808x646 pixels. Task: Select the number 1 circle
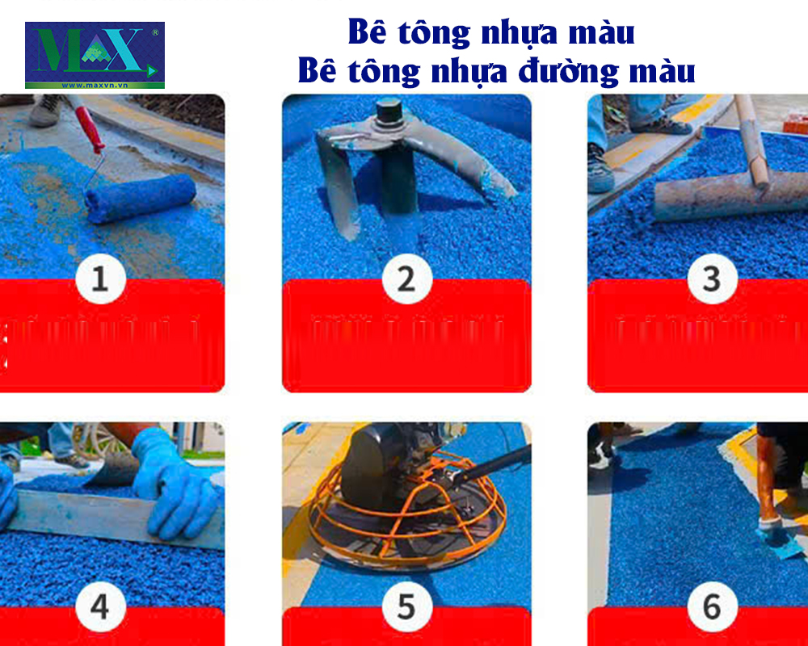[99, 280]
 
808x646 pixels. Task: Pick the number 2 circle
[406, 280]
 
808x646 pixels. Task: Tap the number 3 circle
[711, 280]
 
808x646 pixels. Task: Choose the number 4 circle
[99, 607]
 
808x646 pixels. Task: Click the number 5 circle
[406, 607]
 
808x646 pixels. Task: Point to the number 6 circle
[711, 607]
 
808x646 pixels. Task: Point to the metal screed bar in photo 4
[105, 517]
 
